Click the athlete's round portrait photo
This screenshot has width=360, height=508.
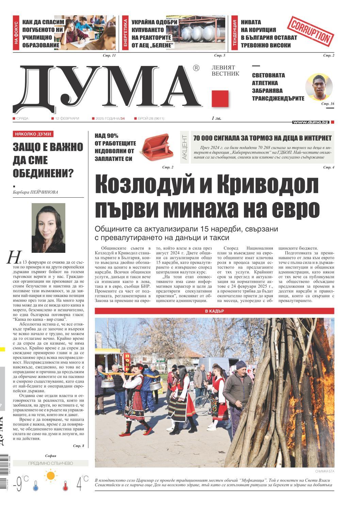tap(319, 87)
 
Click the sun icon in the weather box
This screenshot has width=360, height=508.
tap(51, 475)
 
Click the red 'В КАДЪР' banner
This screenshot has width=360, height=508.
tap(214, 311)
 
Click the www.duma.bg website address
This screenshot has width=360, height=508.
tap(310, 122)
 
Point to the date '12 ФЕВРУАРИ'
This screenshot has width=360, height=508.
tap(67, 118)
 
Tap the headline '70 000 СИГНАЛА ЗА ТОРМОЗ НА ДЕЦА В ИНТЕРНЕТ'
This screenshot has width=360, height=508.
tap(262, 138)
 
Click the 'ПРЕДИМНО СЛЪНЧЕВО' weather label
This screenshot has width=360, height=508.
tap(51, 463)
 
